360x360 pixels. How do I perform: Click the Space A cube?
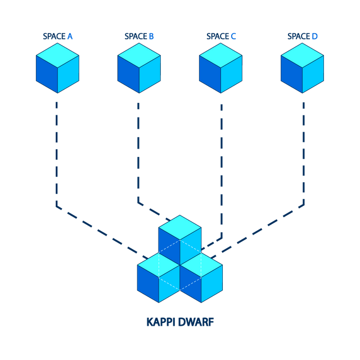(57, 68)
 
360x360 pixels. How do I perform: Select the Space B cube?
(139, 68)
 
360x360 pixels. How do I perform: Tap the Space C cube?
(220, 68)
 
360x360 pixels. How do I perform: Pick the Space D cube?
(302, 68)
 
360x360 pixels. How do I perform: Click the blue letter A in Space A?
(70, 36)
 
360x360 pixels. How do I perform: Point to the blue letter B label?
(151, 36)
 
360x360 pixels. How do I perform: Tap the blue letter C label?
(233, 36)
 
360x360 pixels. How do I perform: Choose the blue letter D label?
(314, 36)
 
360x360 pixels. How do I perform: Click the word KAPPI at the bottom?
(160, 322)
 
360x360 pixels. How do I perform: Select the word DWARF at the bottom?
(196, 322)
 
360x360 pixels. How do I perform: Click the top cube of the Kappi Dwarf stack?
(180, 240)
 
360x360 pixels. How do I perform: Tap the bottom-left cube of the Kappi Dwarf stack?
(159, 277)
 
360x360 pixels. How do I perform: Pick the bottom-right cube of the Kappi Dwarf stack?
(201, 277)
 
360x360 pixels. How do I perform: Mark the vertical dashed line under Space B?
(138, 153)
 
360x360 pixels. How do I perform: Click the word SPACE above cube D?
(299, 36)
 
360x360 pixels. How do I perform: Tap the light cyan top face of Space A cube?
(57, 55)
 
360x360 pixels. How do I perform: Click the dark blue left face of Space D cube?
(291, 74)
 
